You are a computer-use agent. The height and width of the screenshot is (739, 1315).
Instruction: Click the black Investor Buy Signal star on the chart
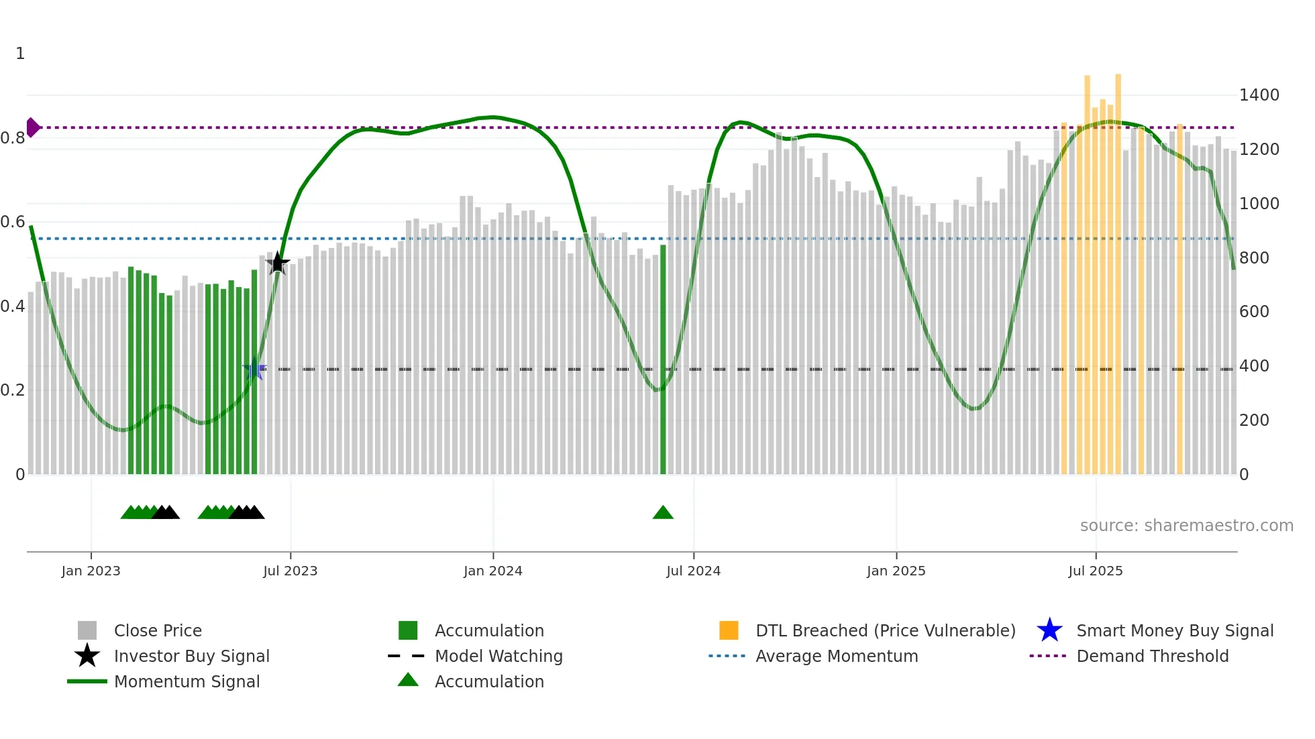click(278, 263)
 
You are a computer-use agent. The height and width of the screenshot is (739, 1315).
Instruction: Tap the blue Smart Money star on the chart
click(254, 369)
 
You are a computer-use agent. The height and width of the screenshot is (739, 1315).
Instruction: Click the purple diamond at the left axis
click(32, 127)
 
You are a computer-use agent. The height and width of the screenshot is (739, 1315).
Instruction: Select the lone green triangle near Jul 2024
click(663, 513)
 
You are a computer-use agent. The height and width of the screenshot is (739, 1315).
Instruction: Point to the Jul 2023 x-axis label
click(290, 571)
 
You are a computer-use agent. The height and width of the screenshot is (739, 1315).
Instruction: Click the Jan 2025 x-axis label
click(896, 571)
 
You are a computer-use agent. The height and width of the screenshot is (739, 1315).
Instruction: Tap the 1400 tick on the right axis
click(1259, 95)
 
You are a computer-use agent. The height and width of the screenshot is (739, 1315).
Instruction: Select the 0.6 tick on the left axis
click(13, 222)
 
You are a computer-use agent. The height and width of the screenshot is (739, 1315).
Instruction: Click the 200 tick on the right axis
click(1254, 420)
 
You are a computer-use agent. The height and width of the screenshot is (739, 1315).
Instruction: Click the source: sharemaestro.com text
click(1186, 526)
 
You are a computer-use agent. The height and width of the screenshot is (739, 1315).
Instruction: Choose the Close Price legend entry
click(158, 631)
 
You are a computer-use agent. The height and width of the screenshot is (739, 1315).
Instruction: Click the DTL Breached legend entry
click(885, 631)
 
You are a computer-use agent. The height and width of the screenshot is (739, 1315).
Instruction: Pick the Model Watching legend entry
click(498, 657)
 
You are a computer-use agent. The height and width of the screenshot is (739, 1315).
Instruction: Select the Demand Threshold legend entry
click(1152, 657)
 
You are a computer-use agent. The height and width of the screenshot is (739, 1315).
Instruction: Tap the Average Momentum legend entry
click(837, 657)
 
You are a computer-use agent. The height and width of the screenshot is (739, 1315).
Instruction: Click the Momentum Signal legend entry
click(187, 682)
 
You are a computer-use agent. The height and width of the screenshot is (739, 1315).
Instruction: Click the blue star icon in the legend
click(1049, 631)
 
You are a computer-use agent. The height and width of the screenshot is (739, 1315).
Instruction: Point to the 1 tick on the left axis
click(20, 54)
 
